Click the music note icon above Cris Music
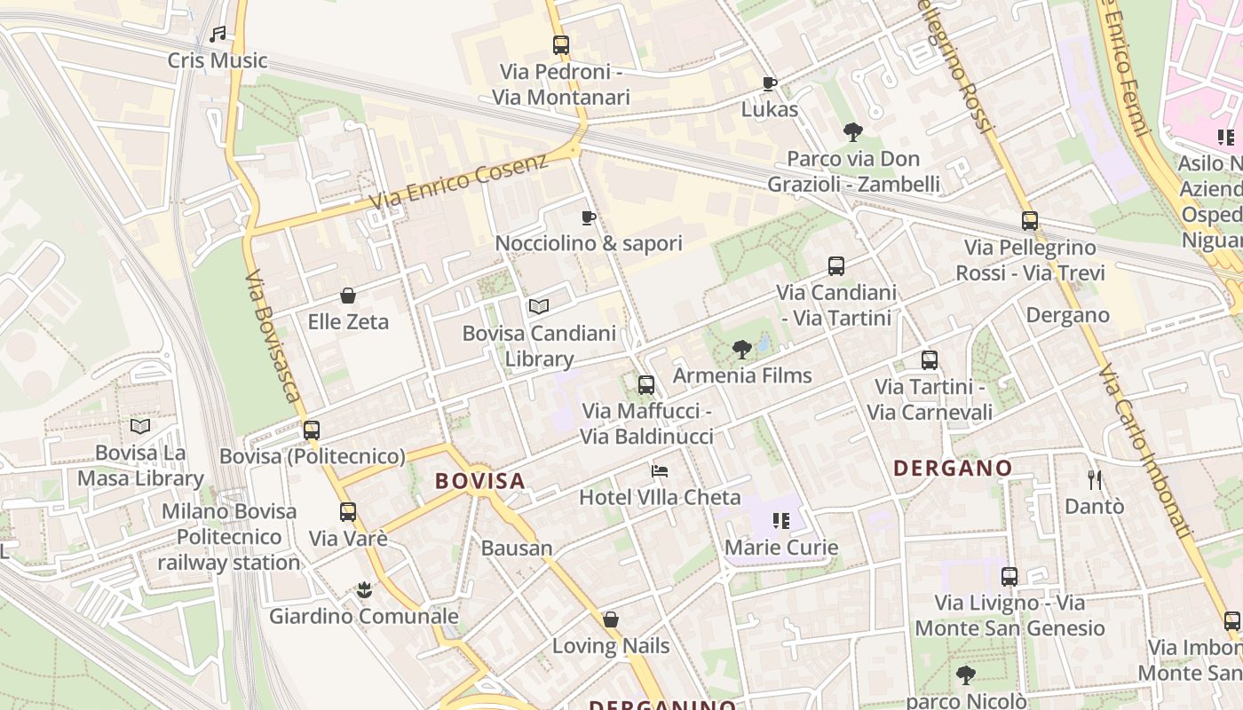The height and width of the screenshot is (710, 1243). pyautogui.click(x=218, y=35)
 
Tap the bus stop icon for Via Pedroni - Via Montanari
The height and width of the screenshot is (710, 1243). pyautogui.click(x=560, y=45)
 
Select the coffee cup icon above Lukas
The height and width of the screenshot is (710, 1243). pyautogui.click(x=770, y=83)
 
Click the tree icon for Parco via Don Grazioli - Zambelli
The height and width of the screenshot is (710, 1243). pyautogui.click(x=853, y=133)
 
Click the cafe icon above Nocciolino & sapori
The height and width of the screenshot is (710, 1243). pyautogui.click(x=588, y=217)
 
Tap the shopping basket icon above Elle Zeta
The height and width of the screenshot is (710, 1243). pyautogui.click(x=348, y=296)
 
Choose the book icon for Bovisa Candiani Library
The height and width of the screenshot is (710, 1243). pyautogui.click(x=538, y=307)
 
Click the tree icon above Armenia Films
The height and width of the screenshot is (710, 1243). pyautogui.click(x=742, y=350)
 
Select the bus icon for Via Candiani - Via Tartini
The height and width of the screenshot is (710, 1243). pyautogui.click(x=836, y=266)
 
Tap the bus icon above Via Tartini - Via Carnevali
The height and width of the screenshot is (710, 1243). pyautogui.click(x=930, y=360)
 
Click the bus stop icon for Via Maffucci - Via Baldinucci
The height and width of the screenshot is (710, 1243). pyautogui.click(x=646, y=385)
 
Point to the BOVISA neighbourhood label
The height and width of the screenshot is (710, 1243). pyautogui.click(x=479, y=481)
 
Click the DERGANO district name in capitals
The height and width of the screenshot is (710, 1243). pyautogui.click(x=952, y=468)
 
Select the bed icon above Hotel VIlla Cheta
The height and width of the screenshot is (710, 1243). pyautogui.click(x=659, y=471)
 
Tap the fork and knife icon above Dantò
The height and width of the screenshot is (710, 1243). pyautogui.click(x=1094, y=480)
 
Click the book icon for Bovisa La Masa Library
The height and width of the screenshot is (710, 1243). pyautogui.click(x=140, y=427)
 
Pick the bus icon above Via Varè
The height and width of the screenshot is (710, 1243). pyautogui.click(x=348, y=512)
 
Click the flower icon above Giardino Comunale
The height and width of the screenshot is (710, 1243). pyautogui.click(x=363, y=590)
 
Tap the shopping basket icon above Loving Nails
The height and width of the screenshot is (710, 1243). pyautogui.click(x=611, y=619)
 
